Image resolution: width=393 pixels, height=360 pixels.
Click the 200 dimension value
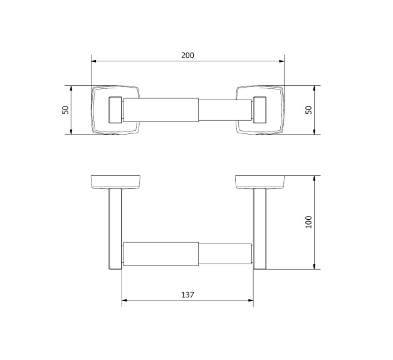click(x=187, y=55)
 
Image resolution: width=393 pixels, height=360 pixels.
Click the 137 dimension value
click(x=187, y=295)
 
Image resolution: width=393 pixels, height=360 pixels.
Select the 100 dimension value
click(x=309, y=222)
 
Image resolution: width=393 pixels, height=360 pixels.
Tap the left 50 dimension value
click(x=65, y=110)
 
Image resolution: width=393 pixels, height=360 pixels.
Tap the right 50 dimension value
click(x=309, y=110)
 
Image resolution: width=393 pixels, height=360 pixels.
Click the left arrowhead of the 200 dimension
click(x=94, y=61)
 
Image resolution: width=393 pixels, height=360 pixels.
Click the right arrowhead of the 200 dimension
click(x=281, y=61)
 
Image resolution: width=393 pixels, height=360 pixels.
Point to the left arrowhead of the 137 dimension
click(x=125, y=300)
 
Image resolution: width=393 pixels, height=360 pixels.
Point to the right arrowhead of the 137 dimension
click(x=251, y=300)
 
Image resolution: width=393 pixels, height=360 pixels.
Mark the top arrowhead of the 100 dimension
click(x=314, y=178)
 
